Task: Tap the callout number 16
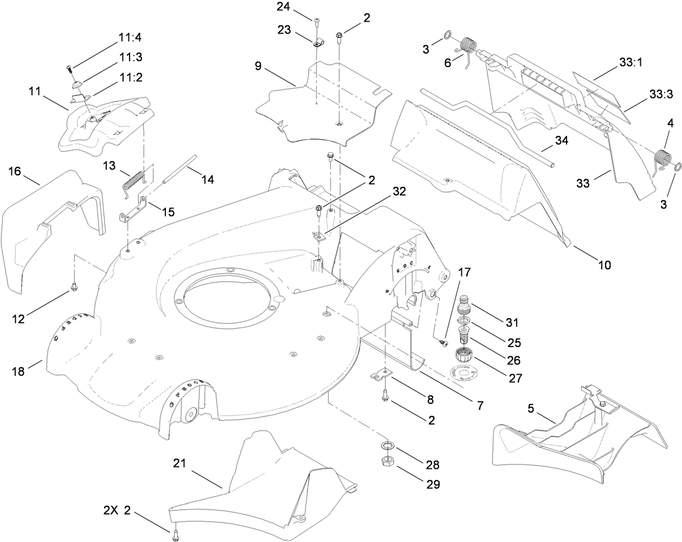(x=15, y=172)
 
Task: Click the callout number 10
(x=604, y=265)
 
